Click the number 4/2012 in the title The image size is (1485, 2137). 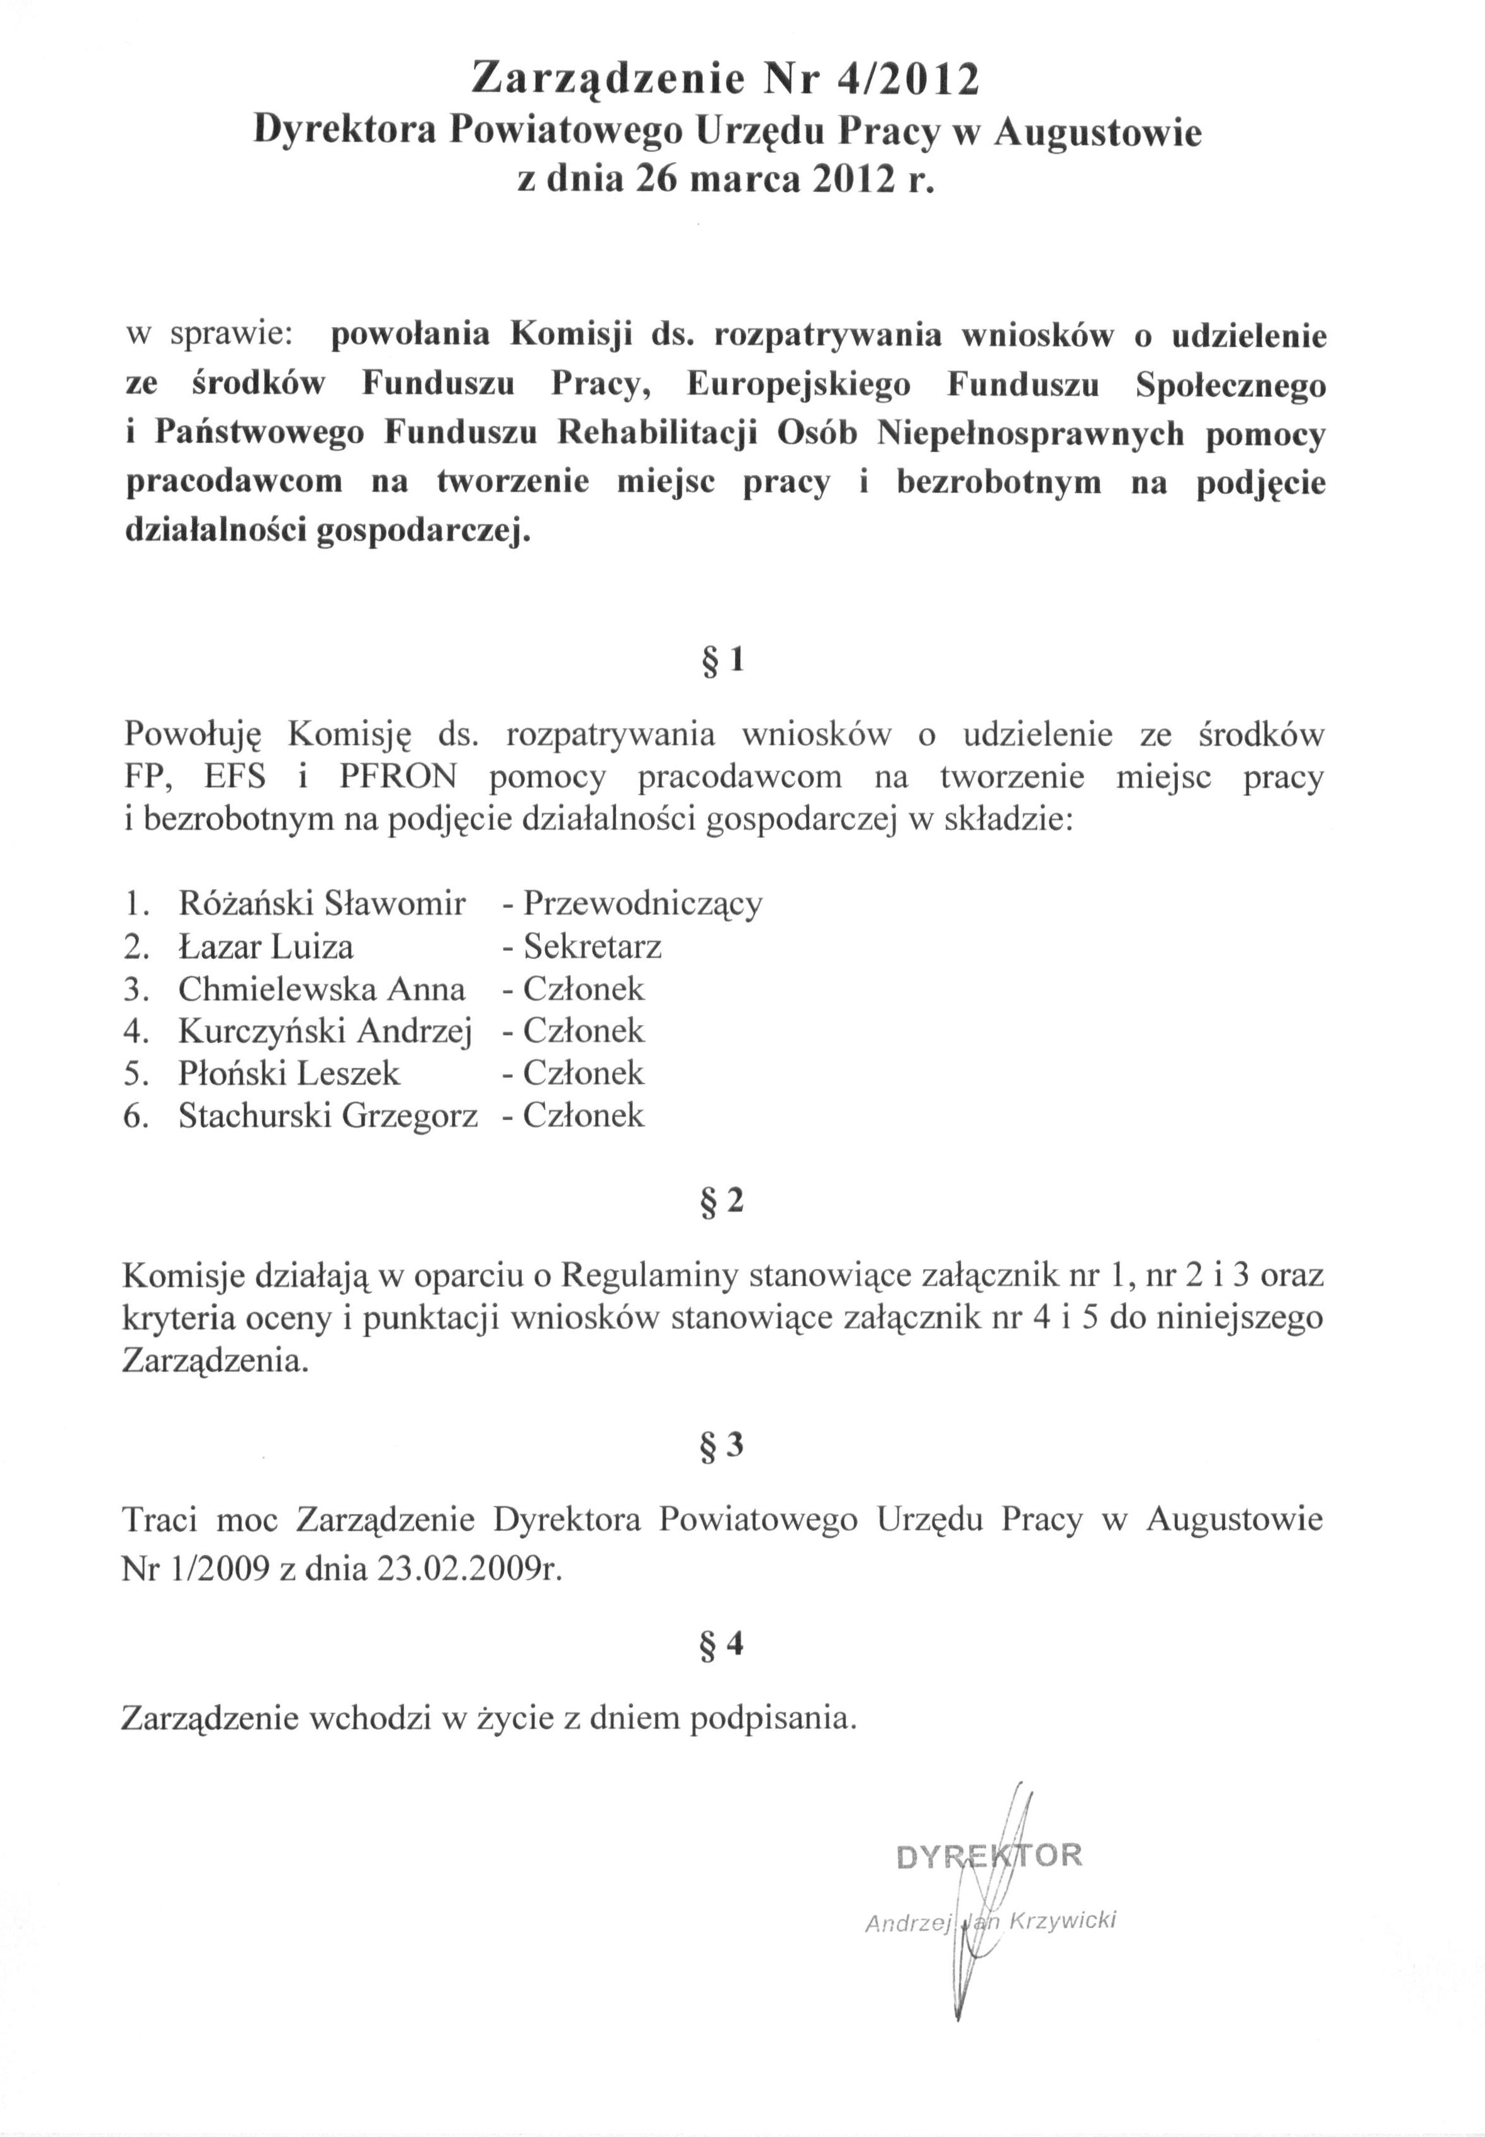pyautogui.click(x=907, y=80)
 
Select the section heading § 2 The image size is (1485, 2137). pyautogui.click(x=721, y=1202)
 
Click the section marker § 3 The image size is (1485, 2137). pyautogui.click(x=721, y=1446)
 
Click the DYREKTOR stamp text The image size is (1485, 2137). pyautogui.click(x=988, y=1856)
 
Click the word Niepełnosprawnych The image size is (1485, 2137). pyautogui.click(x=1031, y=434)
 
